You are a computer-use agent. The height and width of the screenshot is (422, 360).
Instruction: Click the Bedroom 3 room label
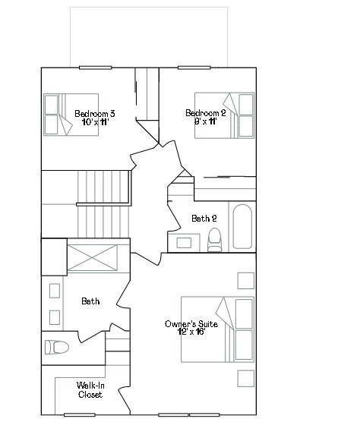pyautogui.click(x=95, y=113)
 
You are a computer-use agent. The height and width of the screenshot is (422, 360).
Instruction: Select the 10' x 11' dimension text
pyautogui.click(x=95, y=121)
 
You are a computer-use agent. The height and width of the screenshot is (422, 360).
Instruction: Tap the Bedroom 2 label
pyautogui.click(x=206, y=113)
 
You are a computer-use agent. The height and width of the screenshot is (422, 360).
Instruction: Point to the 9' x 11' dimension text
pyautogui.click(x=206, y=121)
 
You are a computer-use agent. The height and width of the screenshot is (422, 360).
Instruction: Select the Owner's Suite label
pyautogui.click(x=191, y=324)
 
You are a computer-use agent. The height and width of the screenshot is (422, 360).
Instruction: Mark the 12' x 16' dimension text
pyautogui.click(x=191, y=332)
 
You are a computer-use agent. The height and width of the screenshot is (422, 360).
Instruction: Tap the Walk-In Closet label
pyautogui.click(x=90, y=390)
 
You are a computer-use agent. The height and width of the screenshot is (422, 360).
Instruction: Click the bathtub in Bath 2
pyautogui.click(x=243, y=226)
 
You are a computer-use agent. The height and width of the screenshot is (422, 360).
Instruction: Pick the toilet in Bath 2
pyautogui.click(x=214, y=239)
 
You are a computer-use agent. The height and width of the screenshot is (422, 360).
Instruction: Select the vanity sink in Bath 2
pyautogui.click(x=185, y=243)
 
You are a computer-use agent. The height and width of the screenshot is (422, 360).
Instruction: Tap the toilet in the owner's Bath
pyautogui.click(x=57, y=348)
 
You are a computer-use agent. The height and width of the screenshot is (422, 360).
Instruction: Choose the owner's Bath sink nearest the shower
pyautogui.click(x=54, y=291)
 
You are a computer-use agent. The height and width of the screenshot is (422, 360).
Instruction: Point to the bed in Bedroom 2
pyautogui.click(x=225, y=115)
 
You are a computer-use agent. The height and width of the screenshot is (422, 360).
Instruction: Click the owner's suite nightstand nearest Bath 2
pyautogui.click(x=245, y=281)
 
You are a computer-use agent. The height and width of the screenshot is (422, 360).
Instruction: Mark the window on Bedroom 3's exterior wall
pyautogui.click(x=95, y=68)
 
